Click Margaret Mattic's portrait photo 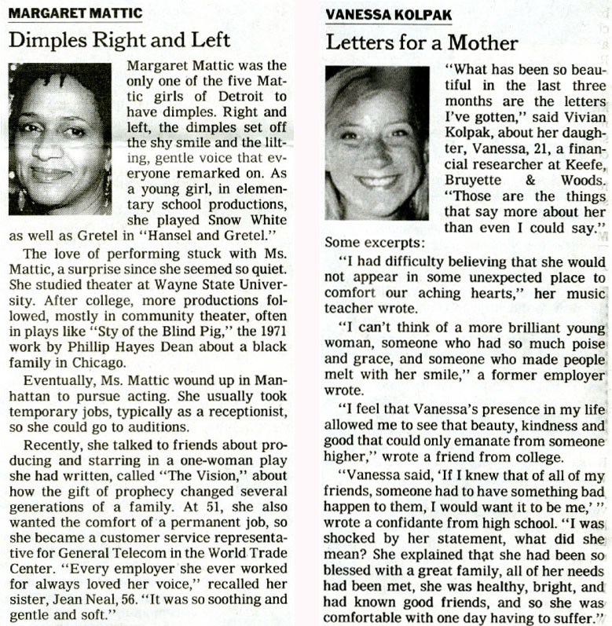[60, 138]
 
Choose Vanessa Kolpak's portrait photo [377, 142]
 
